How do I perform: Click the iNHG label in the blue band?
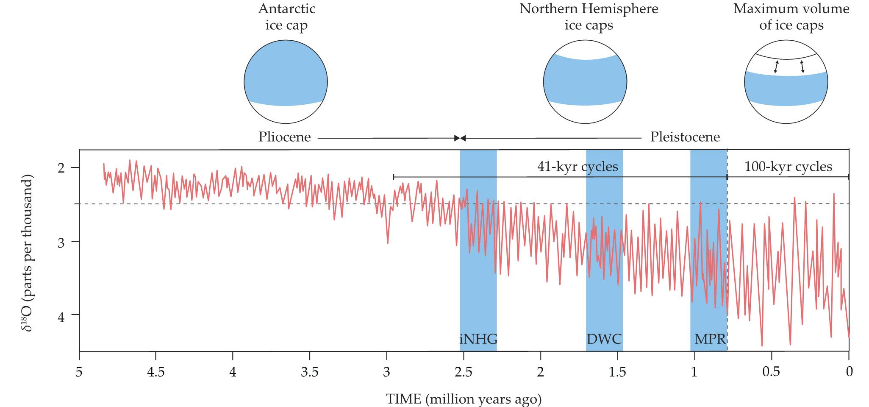(478, 339)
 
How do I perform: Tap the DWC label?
(604, 339)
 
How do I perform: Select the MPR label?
(710, 339)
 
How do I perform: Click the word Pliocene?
(284, 137)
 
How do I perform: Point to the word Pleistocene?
(685, 137)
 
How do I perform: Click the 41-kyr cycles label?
(577, 166)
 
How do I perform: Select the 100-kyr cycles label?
(788, 166)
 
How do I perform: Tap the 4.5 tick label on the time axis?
(155, 371)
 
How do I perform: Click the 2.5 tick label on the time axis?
(463, 371)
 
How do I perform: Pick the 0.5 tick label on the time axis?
(771, 371)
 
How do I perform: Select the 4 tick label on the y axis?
(61, 316)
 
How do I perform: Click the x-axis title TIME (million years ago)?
(464, 399)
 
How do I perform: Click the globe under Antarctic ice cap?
(286, 82)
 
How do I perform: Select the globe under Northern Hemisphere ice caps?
(585, 82)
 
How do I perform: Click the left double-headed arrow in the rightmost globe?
(776, 67)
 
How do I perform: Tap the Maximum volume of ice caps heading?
(791, 17)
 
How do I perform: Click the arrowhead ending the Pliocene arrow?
(457, 138)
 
